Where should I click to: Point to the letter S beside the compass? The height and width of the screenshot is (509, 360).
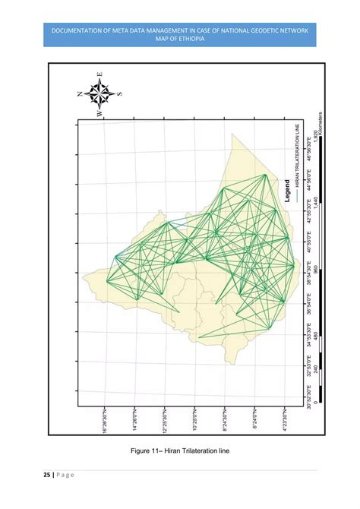pyautogui.click(x=118, y=94)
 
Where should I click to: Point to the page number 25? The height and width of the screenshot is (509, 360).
pyautogui.click(x=47, y=475)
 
